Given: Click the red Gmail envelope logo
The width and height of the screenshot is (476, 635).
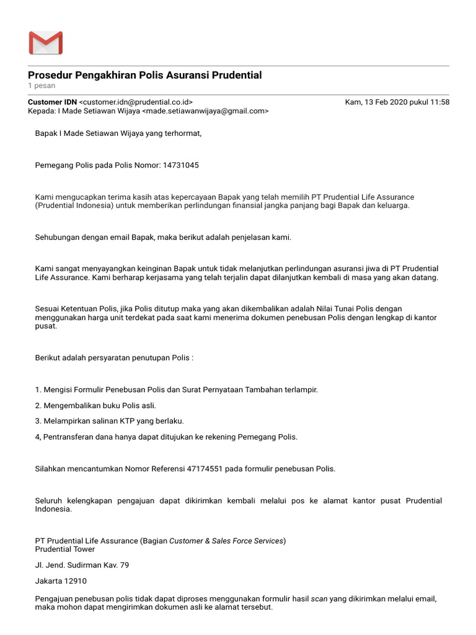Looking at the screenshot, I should coord(45,43).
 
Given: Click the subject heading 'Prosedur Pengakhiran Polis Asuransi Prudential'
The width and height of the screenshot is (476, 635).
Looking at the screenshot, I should coord(145,75).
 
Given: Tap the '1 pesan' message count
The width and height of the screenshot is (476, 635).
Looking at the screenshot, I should coord(42,86).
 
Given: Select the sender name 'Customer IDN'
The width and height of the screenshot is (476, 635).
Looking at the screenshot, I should coord(53,102).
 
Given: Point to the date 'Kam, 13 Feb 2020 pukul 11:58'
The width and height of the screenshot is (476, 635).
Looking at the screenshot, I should coord(397,102).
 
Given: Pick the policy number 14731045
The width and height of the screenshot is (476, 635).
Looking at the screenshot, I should coord(181,166).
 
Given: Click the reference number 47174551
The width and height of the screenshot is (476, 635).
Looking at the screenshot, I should coord(205,469).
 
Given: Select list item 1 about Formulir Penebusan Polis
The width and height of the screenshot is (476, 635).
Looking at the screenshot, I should coord(177,389).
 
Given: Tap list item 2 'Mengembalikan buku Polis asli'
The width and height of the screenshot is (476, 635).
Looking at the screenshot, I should coord(95,406).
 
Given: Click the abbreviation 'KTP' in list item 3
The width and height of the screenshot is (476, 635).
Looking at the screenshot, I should coord(130,421).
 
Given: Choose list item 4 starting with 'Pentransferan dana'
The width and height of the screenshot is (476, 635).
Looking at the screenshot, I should coord(166,437).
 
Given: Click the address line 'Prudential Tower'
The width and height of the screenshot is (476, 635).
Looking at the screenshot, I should coord(65,549).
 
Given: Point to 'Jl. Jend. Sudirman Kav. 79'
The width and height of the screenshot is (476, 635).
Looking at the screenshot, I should coord(82,565).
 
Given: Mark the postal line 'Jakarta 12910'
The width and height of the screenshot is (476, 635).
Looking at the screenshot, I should coord(61,581).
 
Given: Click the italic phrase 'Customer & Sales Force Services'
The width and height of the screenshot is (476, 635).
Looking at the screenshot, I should coord(226,541).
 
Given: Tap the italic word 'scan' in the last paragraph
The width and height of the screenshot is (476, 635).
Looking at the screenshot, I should coord(319,598).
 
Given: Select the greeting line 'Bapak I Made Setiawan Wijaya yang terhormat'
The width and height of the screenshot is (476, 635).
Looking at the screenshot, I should coord(118,133).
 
